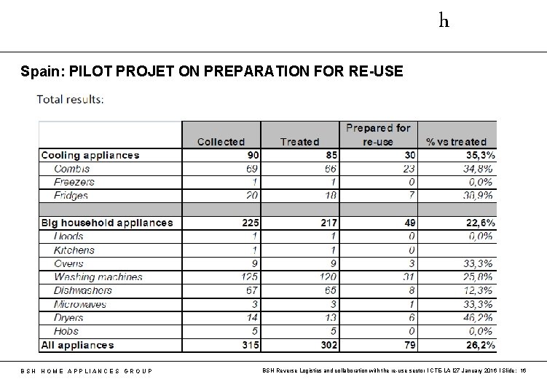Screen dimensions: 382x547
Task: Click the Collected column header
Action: pyautogui.click(x=221, y=142)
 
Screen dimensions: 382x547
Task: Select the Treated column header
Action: pyautogui.click(x=299, y=142)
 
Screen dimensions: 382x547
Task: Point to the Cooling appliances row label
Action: pyautogui.click(x=90, y=155)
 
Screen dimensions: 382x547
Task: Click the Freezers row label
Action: pyautogui.click(x=74, y=182)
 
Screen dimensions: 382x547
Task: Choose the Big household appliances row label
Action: pyautogui.click(x=107, y=223)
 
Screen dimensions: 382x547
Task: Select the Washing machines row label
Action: pyautogui.click(x=98, y=276)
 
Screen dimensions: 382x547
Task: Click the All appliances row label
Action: pyautogui.click(x=77, y=345)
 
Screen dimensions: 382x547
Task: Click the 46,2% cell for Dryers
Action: pyautogui.click(x=480, y=318)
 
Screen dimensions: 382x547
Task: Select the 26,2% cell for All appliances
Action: pyautogui.click(x=480, y=345)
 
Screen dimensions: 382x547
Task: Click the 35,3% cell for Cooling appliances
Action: pyautogui.click(x=480, y=155)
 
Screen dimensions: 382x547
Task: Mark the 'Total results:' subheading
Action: pyautogui.click(x=71, y=100)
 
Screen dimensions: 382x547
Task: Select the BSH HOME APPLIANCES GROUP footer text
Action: pyautogui.click(x=86, y=371)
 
